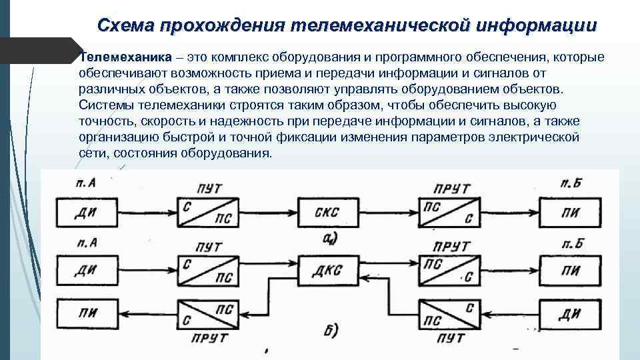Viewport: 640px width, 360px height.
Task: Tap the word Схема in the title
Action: click(125, 26)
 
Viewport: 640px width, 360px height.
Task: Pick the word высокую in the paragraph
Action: click(529, 105)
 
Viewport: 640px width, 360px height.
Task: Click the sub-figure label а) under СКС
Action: click(329, 238)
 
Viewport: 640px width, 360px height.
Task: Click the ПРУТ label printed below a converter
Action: click(209, 339)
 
